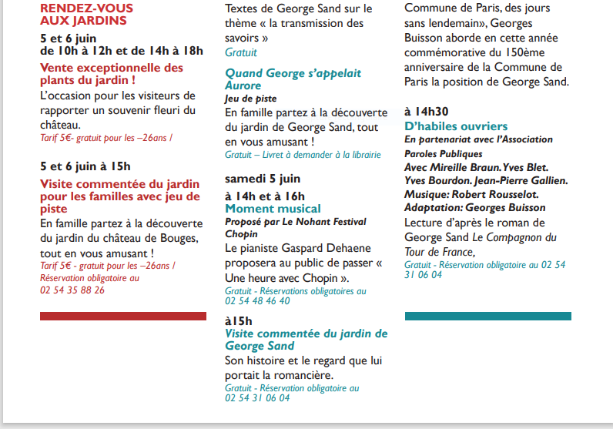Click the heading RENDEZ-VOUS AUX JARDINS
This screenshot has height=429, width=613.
(x=86, y=15)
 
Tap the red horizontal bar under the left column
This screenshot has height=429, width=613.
(x=123, y=316)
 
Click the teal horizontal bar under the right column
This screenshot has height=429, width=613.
(x=487, y=316)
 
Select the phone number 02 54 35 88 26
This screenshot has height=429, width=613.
(x=72, y=290)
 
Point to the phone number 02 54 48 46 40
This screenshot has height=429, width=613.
(x=257, y=301)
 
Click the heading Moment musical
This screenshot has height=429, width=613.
(x=273, y=209)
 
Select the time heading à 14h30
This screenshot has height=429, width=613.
(x=427, y=111)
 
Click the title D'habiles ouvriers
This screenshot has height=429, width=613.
(x=456, y=126)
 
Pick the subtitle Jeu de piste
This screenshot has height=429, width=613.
(x=251, y=99)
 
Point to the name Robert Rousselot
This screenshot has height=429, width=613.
(x=500, y=195)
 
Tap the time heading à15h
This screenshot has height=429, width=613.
(x=239, y=320)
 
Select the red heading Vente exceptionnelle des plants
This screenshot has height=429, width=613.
(x=112, y=73)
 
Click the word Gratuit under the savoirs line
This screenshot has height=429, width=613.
(x=241, y=52)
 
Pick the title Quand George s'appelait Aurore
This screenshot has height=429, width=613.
(x=293, y=79)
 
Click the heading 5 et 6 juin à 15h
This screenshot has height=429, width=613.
(x=85, y=166)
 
